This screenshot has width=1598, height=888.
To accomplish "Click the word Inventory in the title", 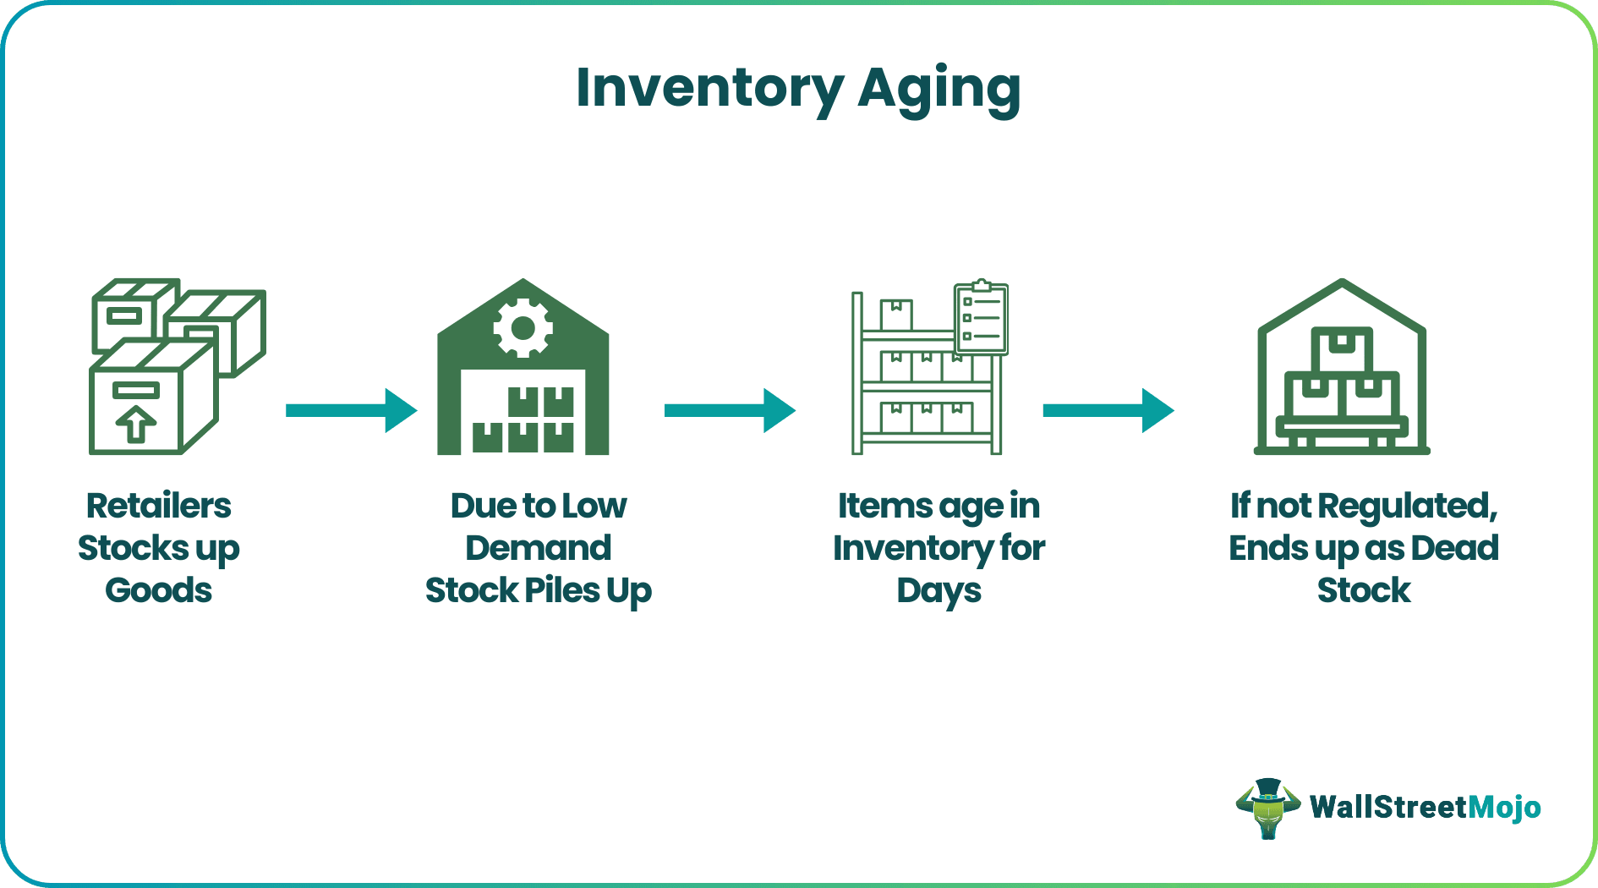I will [709, 89].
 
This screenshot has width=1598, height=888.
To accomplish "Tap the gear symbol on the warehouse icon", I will [523, 327].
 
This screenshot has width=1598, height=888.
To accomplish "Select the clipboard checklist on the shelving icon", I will [981, 317].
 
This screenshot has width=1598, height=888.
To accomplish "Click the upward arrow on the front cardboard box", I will [135, 424].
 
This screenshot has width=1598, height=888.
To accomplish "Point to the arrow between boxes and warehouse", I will [351, 410].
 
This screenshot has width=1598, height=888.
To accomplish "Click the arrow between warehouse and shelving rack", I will [729, 410].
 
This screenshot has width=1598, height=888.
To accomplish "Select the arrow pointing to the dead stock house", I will [1108, 410].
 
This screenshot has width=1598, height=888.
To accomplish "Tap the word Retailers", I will [158, 506].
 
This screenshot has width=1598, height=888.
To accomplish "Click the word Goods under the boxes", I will [158, 590].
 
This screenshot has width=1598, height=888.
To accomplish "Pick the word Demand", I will [538, 548].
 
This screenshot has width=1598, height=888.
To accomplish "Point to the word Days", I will [939, 591].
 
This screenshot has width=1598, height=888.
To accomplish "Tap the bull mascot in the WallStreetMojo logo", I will [1267, 808].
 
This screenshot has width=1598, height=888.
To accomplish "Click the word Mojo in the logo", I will [1504, 808].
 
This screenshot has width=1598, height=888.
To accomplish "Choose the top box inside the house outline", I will [1341, 348].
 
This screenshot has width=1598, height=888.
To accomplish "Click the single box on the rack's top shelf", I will [896, 315].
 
